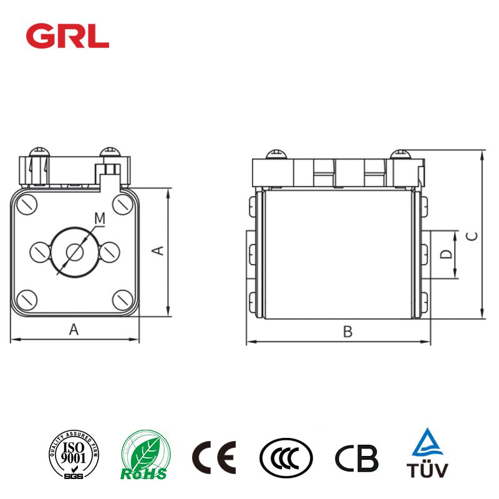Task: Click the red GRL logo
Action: tap(67, 37)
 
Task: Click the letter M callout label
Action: tap(99, 218)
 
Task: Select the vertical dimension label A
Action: tap(158, 251)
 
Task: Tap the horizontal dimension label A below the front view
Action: tap(74, 329)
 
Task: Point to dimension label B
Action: tap(347, 332)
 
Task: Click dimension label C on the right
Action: tap(473, 236)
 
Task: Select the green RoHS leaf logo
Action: tap(145, 457)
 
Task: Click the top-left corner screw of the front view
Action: tap(27, 203)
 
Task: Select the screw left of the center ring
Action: tap(39, 251)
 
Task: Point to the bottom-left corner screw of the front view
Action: tap(27, 299)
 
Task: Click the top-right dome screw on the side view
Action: tap(399, 153)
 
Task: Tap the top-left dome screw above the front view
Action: tap(39, 152)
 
